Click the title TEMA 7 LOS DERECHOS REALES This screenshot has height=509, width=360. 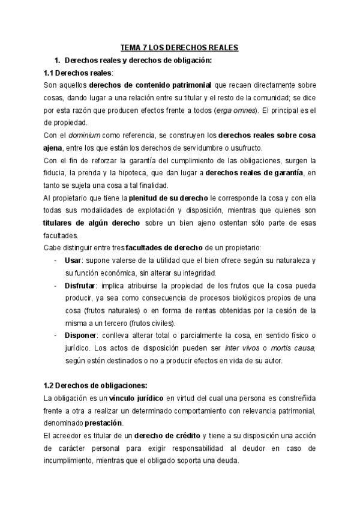pos(179,47)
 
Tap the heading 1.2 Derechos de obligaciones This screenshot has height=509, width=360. pos(88,385)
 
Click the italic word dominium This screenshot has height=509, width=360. pos(83,136)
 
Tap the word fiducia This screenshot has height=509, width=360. pos(56,173)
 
